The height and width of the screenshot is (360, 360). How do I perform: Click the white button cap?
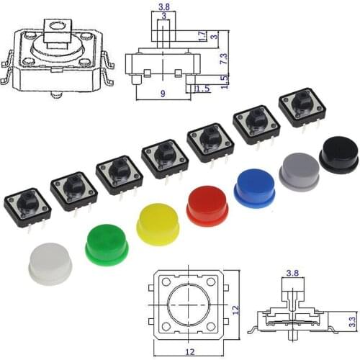(x=50, y=264)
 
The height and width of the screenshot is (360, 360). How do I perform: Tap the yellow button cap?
(x=158, y=224)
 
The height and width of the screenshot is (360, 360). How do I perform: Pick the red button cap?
(x=207, y=205)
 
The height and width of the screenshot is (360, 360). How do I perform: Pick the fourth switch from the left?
(x=165, y=158)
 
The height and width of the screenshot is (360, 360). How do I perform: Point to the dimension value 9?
(x=164, y=93)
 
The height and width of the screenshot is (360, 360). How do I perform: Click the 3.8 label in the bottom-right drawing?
(x=293, y=274)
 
